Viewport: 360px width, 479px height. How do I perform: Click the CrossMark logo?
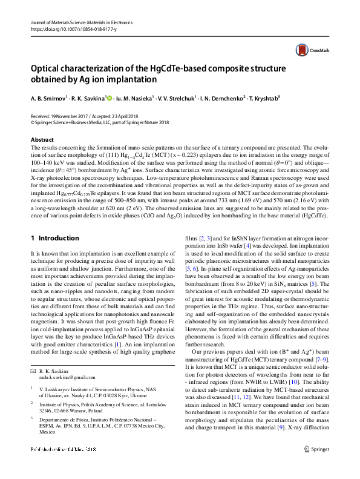tap(306, 50)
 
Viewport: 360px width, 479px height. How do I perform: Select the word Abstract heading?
tap(44, 140)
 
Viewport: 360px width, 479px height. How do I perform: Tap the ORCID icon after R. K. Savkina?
tap(110, 97)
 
